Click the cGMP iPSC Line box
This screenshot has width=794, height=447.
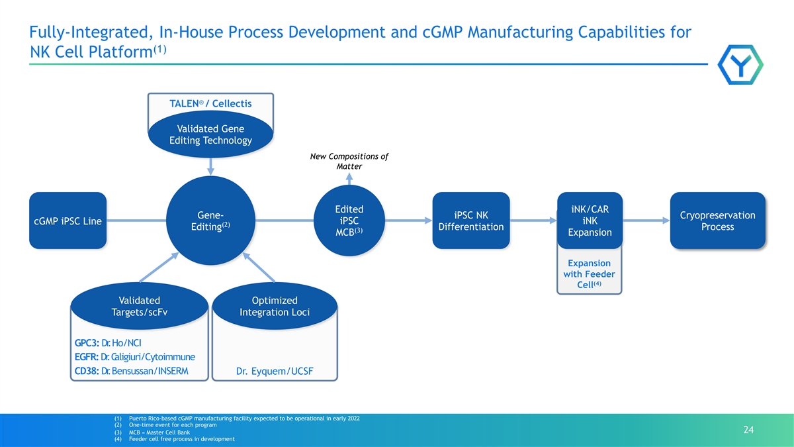(x=67, y=221)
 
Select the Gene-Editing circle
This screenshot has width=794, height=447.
(x=210, y=221)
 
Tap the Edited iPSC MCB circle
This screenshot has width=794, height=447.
(x=349, y=221)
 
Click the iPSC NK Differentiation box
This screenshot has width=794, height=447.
(x=471, y=221)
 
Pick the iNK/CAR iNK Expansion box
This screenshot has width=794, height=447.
(x=590, y=221)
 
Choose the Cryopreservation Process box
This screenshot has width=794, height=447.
(x=718, y=221)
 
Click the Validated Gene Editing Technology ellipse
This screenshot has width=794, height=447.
(x=210, y=134)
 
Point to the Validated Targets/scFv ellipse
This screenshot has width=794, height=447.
(x=140, y=306)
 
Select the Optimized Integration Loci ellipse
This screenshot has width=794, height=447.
(x=275, y=306)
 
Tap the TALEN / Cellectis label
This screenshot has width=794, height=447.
(x=210, y=103)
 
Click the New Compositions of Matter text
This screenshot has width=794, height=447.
(x=349, y=162)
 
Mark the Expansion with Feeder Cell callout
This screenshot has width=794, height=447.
(x=590, y=273)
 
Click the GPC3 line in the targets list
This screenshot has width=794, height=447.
(x=108, y=343)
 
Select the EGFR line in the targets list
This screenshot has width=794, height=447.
(x=135, y=357)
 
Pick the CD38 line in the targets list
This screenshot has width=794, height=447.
(x=132, y=371)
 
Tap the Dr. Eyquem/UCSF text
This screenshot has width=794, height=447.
(x=275, y=371)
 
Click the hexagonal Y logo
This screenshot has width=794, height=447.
(x=740, y=65)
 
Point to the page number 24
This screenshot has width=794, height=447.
(x=748, y=430)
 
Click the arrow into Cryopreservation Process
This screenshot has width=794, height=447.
(x=646, y=221)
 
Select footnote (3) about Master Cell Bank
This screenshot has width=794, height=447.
(x=152, y=432)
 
